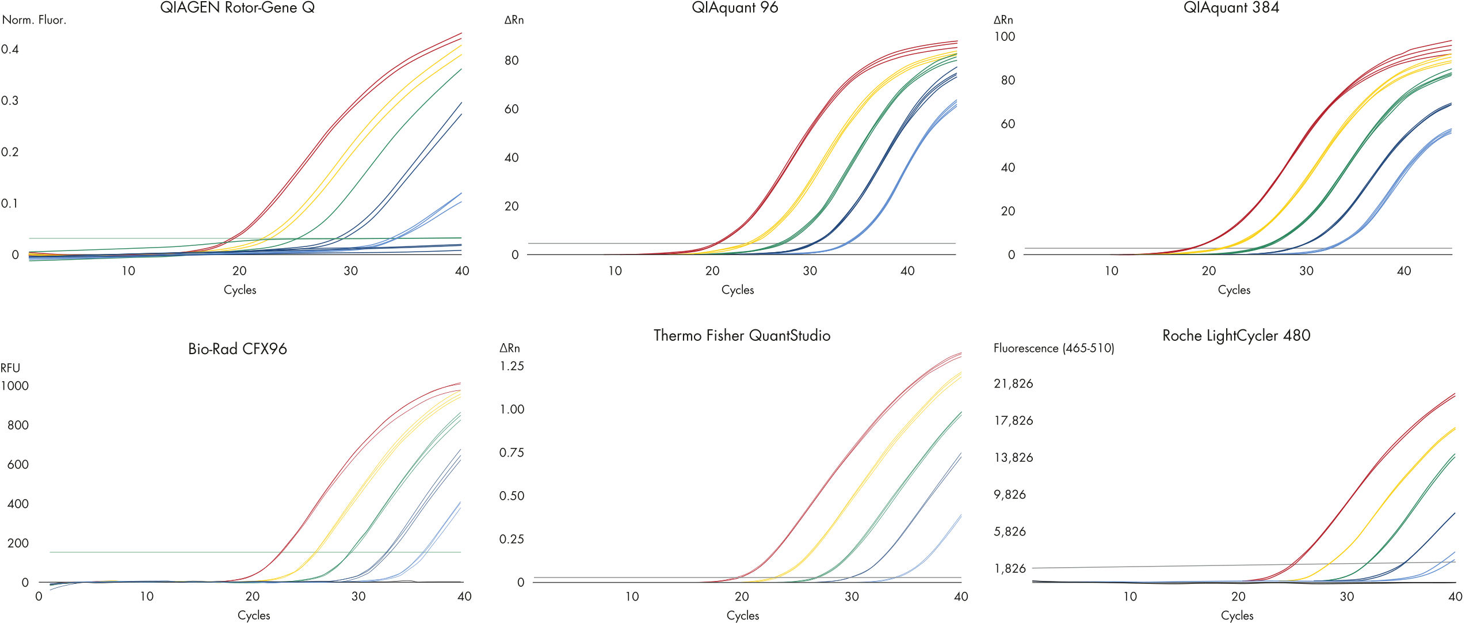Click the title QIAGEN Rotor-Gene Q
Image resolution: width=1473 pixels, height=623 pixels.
click(237, 7)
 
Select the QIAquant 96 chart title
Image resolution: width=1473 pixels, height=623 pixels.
click(735, 7)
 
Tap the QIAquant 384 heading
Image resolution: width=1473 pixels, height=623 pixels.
click(1231, 7)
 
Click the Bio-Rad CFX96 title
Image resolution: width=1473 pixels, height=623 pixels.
click(237, 348)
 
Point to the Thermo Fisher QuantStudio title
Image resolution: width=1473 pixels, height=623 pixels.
click(742, 335)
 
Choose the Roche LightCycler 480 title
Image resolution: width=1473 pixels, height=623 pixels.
click(1236, 335)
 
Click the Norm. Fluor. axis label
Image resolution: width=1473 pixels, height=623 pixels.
click(34, 20)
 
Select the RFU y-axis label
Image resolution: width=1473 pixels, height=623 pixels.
click(10, 367)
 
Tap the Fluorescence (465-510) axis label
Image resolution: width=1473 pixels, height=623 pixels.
click(1054, 348)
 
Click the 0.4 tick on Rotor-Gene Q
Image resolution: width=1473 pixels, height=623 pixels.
click(10, 49)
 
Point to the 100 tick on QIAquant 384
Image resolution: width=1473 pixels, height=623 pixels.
click(1004, 36)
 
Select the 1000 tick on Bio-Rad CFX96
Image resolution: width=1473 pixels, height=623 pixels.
click(14, 386)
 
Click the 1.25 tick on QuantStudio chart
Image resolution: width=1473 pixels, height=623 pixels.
click(512, 366)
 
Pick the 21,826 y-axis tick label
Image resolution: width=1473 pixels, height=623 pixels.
click(1013, 383)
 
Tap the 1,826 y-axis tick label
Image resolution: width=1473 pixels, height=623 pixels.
click(1010, 568)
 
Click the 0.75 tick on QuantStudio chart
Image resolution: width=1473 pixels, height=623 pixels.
click(512, 453)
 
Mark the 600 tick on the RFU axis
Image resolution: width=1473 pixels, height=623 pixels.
click(18, 464)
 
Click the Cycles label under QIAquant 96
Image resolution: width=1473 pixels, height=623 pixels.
click(737, 290)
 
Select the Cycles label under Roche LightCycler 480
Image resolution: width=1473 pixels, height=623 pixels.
click(1237, 615)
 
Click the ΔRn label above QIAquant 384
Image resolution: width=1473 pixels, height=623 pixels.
click(1003, 20)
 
